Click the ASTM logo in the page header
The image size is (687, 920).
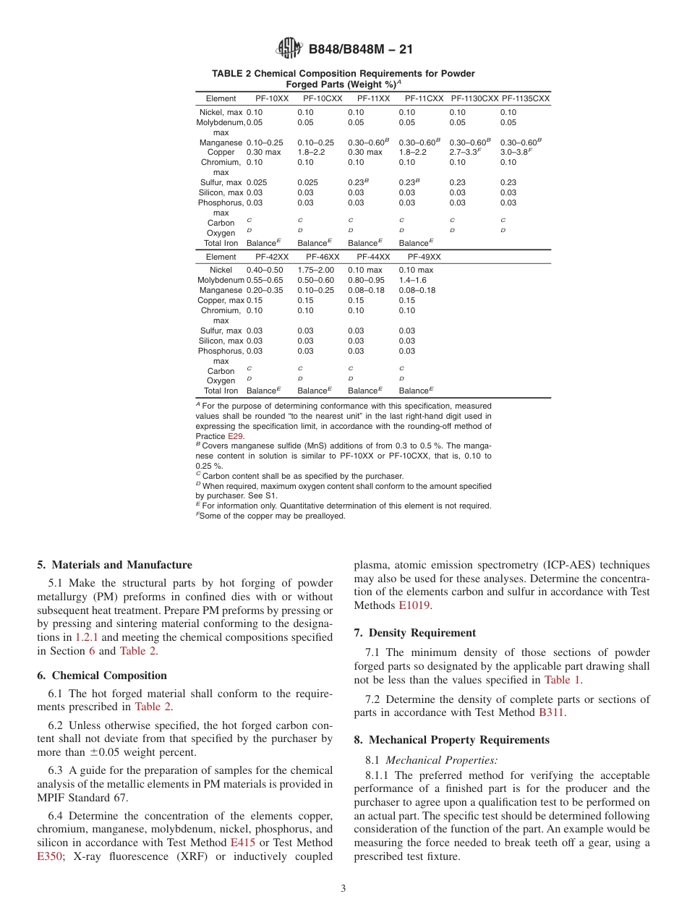289,49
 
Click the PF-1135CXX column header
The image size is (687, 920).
526,98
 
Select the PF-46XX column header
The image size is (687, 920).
323,257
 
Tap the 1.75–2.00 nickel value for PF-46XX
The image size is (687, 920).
315,270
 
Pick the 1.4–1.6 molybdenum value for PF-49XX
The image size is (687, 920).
413,280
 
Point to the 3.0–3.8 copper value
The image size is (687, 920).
516,153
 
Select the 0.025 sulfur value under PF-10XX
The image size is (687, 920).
257,183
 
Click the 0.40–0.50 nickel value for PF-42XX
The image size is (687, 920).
265,270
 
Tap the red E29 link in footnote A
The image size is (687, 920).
236,436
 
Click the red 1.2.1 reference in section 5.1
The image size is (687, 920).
89,637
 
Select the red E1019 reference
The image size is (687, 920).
415,605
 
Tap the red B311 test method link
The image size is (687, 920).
552,712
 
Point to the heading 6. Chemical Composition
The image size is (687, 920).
102,676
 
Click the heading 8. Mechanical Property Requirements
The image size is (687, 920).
452,740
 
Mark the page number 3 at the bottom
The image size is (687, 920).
343,889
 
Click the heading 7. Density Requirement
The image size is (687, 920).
415,633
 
